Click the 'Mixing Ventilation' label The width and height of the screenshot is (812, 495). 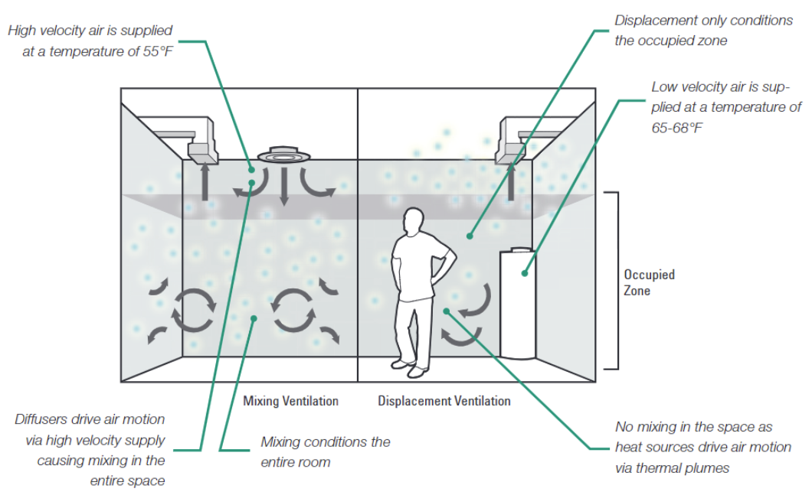point(290,401)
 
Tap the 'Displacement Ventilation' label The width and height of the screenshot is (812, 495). point(444,401)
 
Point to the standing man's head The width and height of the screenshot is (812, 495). point(413,223)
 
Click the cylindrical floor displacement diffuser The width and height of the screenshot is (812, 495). point(518,302)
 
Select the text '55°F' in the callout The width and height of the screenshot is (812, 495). point(155,53)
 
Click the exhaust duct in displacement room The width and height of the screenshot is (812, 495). point(516,141)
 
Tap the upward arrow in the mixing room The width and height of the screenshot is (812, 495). point(205,184)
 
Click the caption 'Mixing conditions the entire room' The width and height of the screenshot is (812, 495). point(325,451)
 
